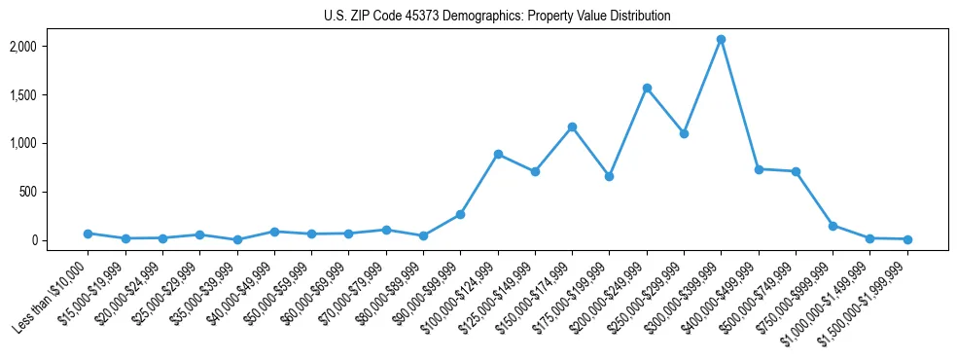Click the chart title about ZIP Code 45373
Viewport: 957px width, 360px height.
click(497, 17)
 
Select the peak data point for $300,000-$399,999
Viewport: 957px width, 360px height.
click(721, 39)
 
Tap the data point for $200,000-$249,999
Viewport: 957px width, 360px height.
click(647, 88)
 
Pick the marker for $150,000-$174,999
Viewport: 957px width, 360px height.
click(572, 126)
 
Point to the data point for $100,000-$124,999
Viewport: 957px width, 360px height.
click(498, 154)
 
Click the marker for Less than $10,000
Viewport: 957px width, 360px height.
click(88, 234)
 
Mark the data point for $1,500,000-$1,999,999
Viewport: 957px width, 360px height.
click(907, 239)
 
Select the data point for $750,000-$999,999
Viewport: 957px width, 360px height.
click(833, 226)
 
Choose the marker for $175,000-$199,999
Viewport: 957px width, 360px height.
click(609, 176)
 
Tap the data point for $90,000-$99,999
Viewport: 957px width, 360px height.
click(460, 214)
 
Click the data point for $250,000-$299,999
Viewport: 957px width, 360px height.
click(684, 133)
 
